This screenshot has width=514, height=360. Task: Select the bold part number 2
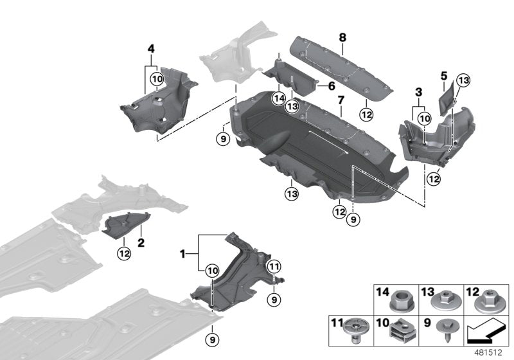[x=140, y=243]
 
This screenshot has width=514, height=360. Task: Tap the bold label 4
[x=150, y=48]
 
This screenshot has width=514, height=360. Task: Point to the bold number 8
[x=343, y=38]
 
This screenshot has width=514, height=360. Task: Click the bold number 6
[x=332, y=85]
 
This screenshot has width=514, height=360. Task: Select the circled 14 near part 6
[x=278, y=98]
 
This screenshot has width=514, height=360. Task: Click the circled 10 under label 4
[x=157, y=80]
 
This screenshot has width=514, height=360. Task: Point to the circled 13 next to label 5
[x=464, y=80]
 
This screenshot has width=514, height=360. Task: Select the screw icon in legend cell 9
[x=445, y=328]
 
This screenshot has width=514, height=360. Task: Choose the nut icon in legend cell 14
[x=401, y=300]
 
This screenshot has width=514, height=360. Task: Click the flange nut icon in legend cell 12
[x=489, y=300]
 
